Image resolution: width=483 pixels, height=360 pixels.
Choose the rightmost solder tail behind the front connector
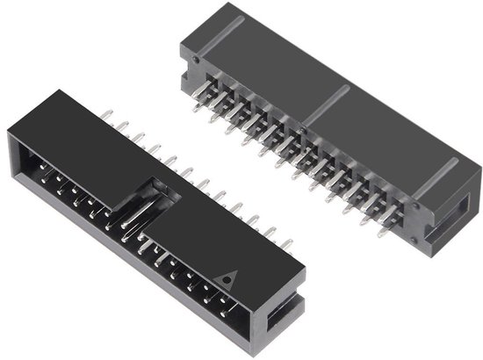pyautogui.click(x=287, y=238)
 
